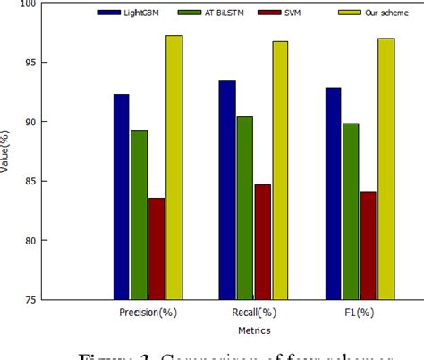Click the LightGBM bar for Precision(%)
[121, 196]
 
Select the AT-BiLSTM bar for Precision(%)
[139, 214]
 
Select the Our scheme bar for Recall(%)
[280, 169]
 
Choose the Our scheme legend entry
[361, 13]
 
